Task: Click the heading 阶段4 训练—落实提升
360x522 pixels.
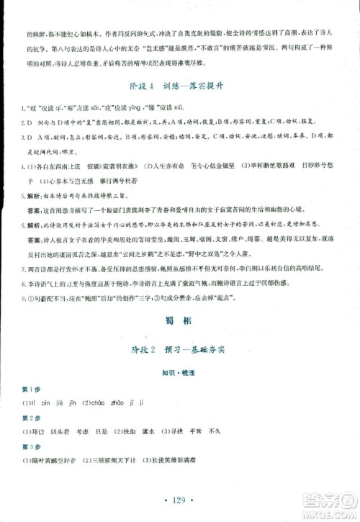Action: [180, 91]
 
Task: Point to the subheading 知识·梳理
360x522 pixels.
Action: [180, 377]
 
